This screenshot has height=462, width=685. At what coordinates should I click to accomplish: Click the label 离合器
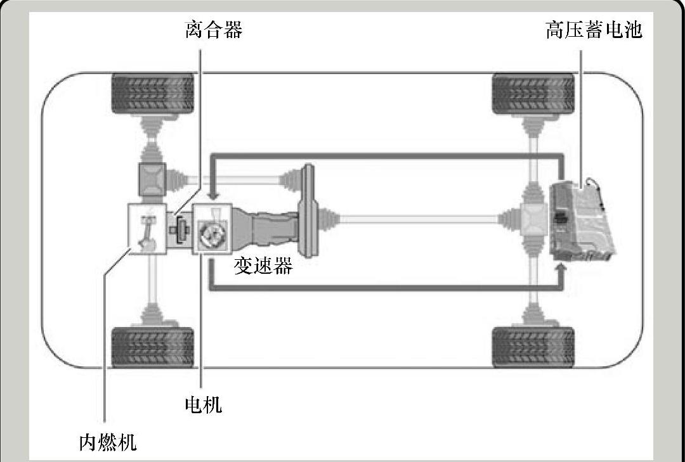(214, 30)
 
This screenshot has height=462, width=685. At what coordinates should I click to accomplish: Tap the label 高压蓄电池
(594, 30)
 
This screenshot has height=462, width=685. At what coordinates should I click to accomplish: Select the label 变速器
(263, 266)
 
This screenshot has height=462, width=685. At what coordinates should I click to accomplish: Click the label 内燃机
(108, 442)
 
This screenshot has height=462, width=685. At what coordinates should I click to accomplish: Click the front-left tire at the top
(152, 93)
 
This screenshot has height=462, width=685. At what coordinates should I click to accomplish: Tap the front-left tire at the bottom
(152, 347)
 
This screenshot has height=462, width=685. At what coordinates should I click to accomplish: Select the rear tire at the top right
(533, 93)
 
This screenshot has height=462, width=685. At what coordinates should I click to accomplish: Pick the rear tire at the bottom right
(533, 347)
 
